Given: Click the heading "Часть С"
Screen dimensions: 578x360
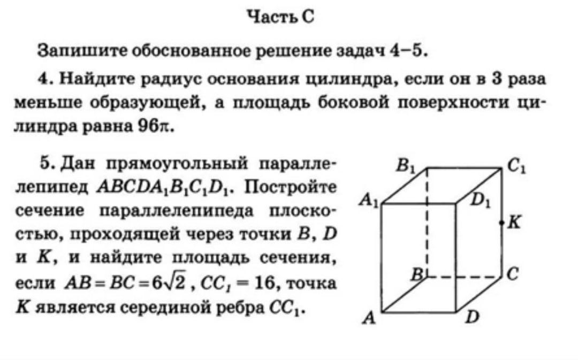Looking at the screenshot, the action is [281, 17].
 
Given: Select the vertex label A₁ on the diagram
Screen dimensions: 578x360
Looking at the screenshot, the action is [369, 201].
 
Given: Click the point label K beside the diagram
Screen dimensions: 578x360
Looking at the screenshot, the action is [514, 223].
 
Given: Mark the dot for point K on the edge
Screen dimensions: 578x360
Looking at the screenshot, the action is [501, 223].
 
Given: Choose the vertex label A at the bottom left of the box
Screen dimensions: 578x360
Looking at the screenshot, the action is [369, 318].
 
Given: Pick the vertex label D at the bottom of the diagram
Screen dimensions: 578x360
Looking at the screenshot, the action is [473, 317].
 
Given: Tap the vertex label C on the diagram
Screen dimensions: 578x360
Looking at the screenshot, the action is [513, 274].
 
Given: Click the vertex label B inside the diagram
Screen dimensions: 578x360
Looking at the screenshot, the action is [417, 274].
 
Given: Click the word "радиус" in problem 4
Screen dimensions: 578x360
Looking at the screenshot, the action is [170, 80].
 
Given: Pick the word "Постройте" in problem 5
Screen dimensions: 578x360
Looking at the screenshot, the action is [291, 187].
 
